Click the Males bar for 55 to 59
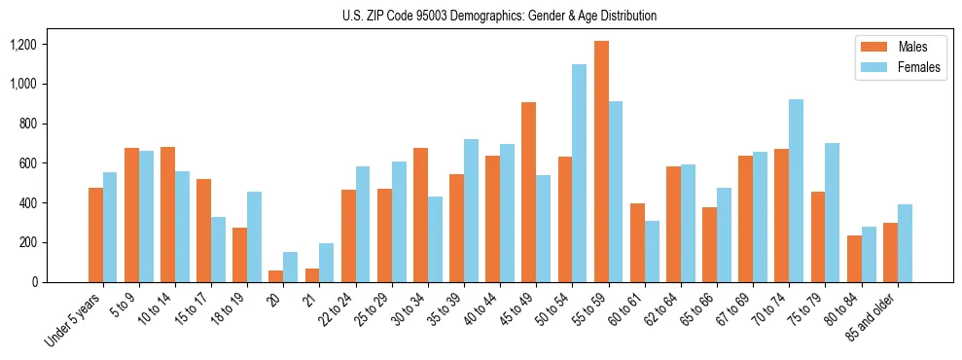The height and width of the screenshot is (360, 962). [x=602, y=162]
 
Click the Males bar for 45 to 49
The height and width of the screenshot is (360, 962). [x=529, y=192]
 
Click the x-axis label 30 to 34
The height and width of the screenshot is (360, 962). [x=410, y=310]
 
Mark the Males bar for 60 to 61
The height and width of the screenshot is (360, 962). [x=638, y=242]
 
